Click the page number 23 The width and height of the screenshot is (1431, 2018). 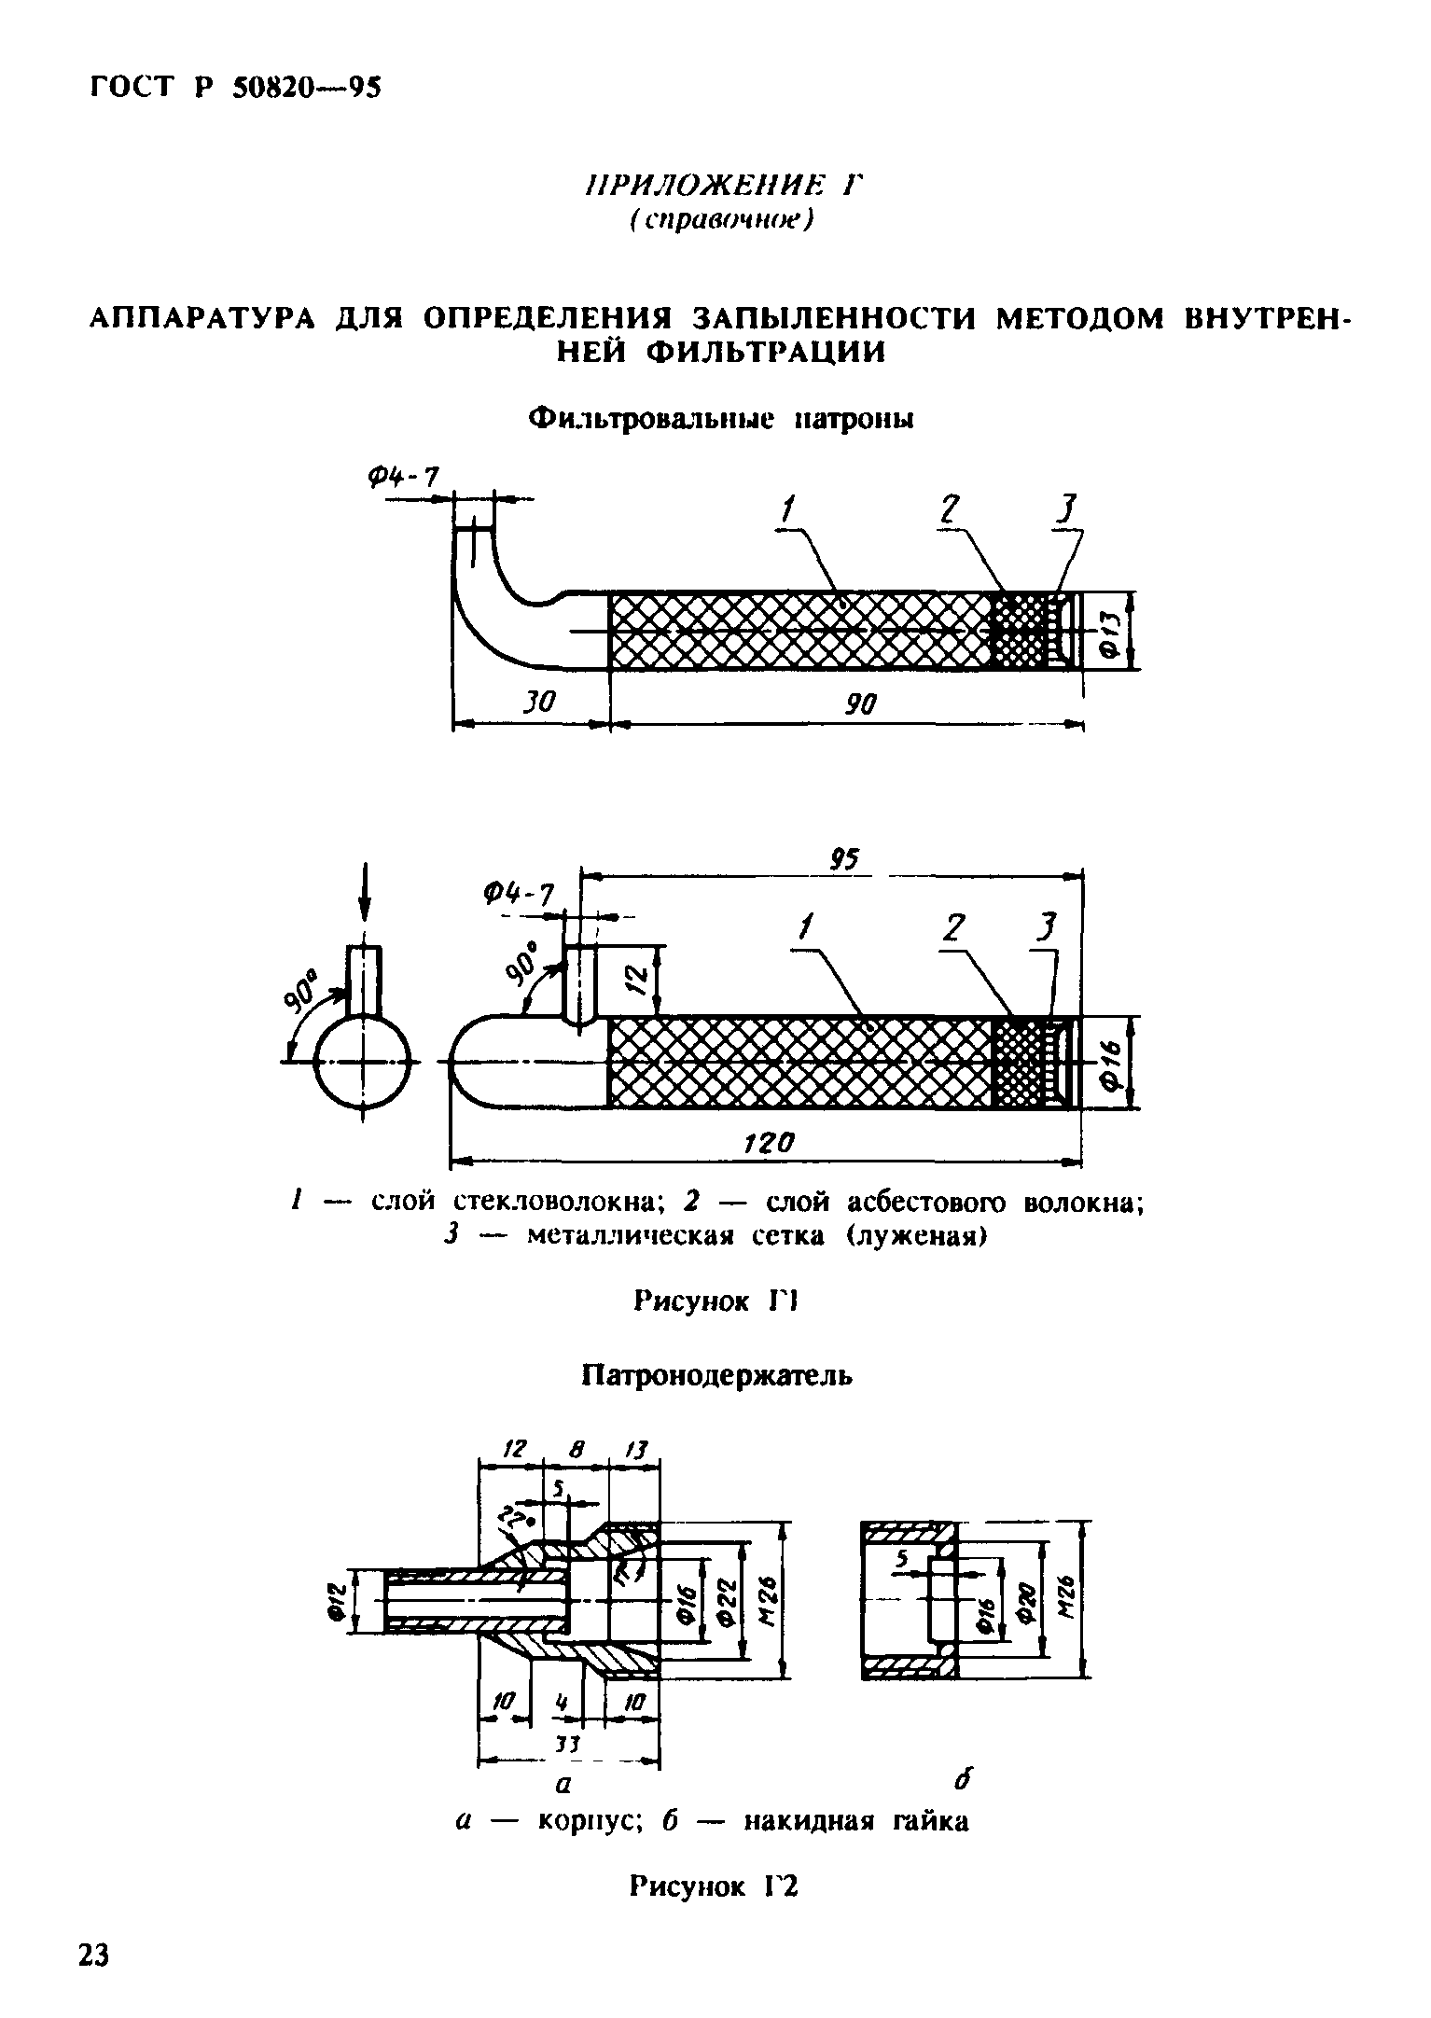(93, 1956)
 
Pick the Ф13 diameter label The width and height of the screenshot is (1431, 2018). (1113, 631)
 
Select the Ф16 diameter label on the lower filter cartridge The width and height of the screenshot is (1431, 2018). (1113, 1063)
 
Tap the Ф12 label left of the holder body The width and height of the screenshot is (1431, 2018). (339, 1603)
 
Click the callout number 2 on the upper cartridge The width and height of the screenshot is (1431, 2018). (950, 511)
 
